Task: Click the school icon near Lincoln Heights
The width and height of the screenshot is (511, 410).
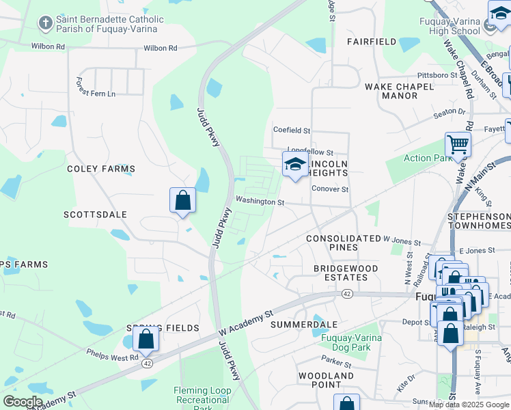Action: (x=295, y=165)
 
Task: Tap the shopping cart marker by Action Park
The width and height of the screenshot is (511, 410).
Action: (x=458, y=146)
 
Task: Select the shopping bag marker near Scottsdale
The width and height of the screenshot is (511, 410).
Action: (x=182, y=200)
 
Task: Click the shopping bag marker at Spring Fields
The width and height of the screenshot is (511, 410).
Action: (x=146, y=339)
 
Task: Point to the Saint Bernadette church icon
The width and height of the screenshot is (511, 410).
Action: (x=46, y=24)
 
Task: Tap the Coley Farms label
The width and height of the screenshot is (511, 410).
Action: (x=101, y=168)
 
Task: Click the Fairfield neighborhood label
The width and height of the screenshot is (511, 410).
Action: (x=371, y=42)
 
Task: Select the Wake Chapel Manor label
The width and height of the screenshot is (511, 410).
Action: (x=400, y=91)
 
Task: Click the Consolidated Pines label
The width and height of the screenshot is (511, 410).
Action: (x=343, y=243)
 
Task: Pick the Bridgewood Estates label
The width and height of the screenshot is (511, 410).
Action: (x=341, y=273)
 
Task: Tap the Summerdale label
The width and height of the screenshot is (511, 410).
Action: (x=305, y=323)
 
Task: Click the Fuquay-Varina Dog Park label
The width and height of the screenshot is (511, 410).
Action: (x=354, y=342)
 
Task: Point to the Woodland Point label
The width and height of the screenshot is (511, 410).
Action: (x=326, y=381)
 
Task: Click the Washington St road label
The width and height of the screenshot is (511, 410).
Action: (x=260, y=202)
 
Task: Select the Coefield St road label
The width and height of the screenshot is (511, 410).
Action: (x=292, y=130)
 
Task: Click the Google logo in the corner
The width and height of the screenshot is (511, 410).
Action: (x=23, y=402)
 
